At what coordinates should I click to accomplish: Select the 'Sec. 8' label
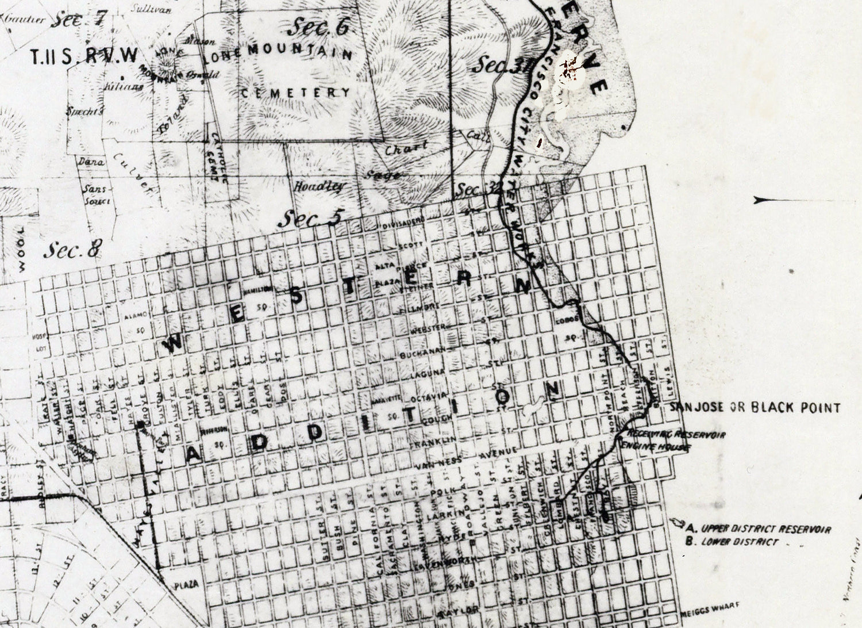73,250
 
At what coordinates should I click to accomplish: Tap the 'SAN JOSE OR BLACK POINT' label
754,408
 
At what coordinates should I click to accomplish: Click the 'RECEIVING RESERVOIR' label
675,433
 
